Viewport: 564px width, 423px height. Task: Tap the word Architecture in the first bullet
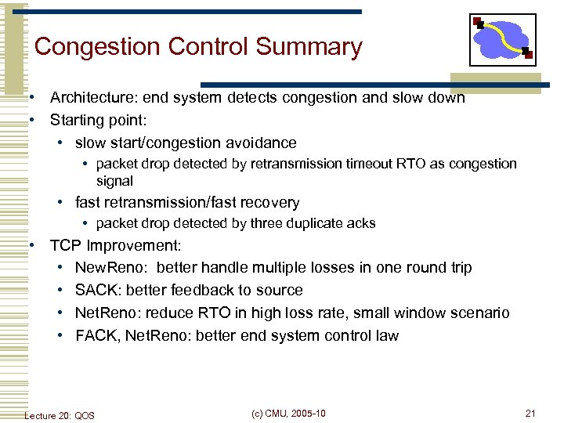click(x=89, y=98)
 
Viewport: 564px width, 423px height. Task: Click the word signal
click(x=114, y=180)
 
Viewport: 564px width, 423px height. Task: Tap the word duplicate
click(x=297, y=223)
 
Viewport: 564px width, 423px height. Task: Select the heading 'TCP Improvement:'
click(x=116, y=245)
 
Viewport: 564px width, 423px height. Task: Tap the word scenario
click(x=479, y=313)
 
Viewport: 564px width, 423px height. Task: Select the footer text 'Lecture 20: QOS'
click(x=60, y=415)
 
